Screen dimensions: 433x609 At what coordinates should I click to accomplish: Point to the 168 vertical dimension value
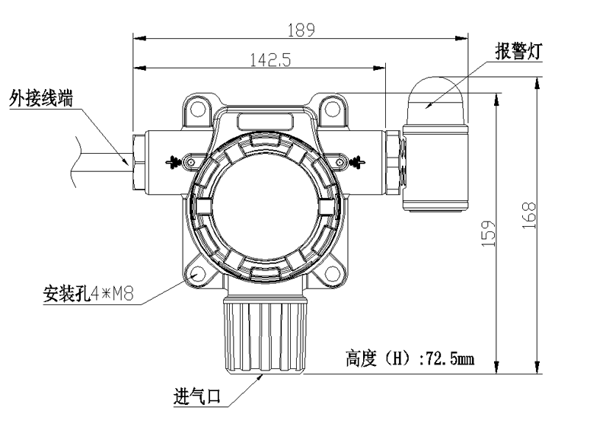(x=531, y=215)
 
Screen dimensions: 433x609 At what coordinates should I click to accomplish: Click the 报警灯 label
(x=518, y=51)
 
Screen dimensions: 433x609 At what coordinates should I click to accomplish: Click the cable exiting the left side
(x=95, y=160)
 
